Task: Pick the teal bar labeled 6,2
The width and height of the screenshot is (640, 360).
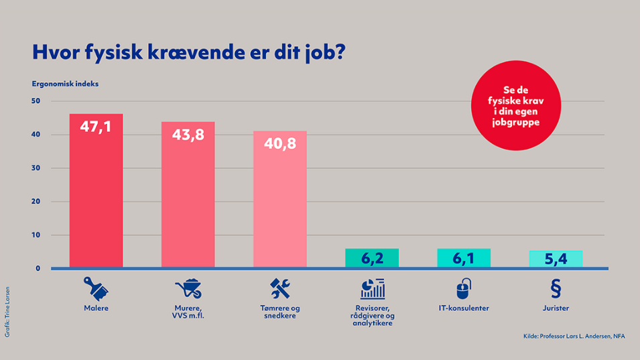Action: pyautogui.click(x=372, y=258)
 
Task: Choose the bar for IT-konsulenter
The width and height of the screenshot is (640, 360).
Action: pyautogui.click(x=464, y=258)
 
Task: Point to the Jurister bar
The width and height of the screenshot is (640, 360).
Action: pyautogui.click(x=556, y=259)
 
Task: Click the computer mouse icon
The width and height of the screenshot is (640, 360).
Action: pyautogui.click(x=463, y=289)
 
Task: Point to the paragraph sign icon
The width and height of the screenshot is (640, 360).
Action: pyautogui.click(x=555, y=288)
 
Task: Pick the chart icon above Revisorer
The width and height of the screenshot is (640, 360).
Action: pyautogui.click(x=372, y=289)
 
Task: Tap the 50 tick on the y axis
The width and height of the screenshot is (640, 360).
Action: pyautogui.click(x=36, y=101)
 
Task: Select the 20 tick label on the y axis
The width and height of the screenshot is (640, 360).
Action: pyautogui.click(x=36, y=202)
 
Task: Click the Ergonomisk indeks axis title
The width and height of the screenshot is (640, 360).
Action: pyautogui.click(x=65, y=84)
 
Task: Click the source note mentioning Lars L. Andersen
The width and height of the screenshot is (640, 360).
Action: pyautogui.click(x=574, y=337)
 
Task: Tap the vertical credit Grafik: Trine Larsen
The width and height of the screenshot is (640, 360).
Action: pyautogui.click(x=7, y=313)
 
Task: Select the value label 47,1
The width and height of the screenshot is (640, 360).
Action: pyautogui.click(x=96, y=126)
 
